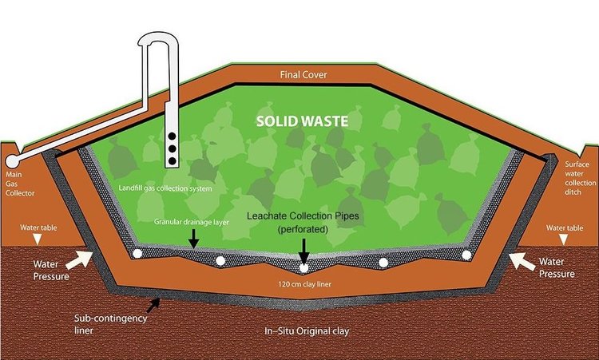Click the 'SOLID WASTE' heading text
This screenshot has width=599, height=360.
pyautogui.click(x=302, y=121)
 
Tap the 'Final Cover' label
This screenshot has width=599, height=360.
pyautogui.click(x=303, y=74)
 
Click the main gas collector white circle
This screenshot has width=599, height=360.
pyautogui.click(x=12, y=161)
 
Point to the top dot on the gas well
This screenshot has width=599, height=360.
pyautogui.click(x=172, y=136)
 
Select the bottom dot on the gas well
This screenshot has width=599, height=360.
pyautogui.click(x=172, y=161)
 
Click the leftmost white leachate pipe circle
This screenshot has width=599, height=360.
pyautogui.click(x=137, y=254)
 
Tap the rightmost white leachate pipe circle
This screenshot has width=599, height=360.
pyautogui.click(x=466, y=255)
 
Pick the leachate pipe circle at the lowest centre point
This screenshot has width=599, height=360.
pyautogui.click(x=303, y=268)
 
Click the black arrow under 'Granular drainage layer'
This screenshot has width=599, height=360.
pyautogui.click(x=194, y=239)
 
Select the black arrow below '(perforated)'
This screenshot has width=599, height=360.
pyautogui.click(x=303, y=251)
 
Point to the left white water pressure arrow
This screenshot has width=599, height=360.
pyautogui.click(x=79, y=260)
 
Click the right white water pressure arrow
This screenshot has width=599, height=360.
pyautogui.click(x=522, y=262)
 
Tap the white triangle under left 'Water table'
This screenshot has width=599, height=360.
pyautogui.click(x=37, y=239)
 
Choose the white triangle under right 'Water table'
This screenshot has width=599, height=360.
pyautogui.click(x=563, y=239)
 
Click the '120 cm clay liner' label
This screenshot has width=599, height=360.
pyautogui.click(x=304, y=284)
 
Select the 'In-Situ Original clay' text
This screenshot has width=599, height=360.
pyautogui.click(x=307, y=331)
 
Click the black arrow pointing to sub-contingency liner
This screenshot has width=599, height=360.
pyautogui.click(x=153, y=306)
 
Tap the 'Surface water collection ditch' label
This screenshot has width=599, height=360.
pyautogui.click(x=581, y=178)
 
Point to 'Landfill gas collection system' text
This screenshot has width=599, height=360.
pyautogui.click(x=165, y=188)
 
